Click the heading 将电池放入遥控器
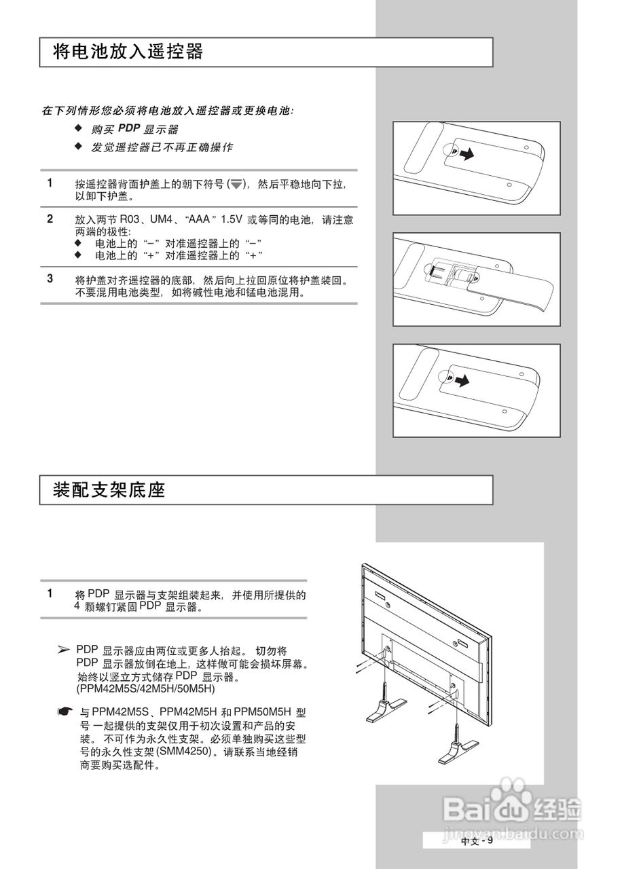128,52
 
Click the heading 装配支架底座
109,489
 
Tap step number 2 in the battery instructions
50,219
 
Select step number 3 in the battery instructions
50,278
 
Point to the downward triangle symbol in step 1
236,185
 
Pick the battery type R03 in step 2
130,220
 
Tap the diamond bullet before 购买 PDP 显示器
78,128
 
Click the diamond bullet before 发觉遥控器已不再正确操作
78,147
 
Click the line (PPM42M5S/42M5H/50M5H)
145,688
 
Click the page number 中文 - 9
476,841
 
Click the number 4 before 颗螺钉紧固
77,606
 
